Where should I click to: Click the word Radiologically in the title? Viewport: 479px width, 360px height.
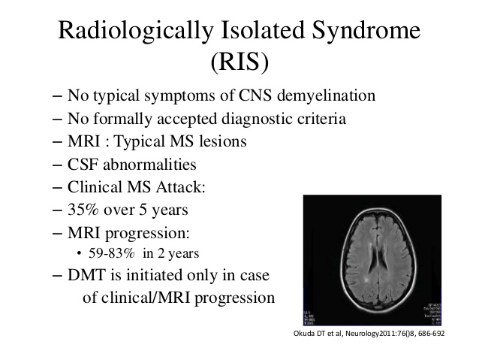[x=136, y=31]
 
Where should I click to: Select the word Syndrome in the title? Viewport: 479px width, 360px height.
[x=366, y=31]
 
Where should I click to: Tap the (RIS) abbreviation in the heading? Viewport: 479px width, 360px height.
[x=239, y=62]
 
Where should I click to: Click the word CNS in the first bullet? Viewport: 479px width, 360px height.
[x=255, y=95]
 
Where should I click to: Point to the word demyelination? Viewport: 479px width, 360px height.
[x=326, y=95]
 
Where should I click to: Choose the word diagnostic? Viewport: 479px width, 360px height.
[x=255, y=119]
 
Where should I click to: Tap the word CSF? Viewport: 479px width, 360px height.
[x=83, y=165]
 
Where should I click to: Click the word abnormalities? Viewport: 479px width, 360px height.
[x=149, y=165]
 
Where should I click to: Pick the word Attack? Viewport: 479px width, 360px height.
[x=180, y=187]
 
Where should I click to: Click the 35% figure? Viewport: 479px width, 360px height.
[x=83, y=210]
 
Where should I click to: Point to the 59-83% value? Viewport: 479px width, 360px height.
[x=112, y=253]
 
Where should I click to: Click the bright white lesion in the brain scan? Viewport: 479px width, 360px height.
[x=366, y=280]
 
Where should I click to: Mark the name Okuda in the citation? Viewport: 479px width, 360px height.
[x=303, y=334]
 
